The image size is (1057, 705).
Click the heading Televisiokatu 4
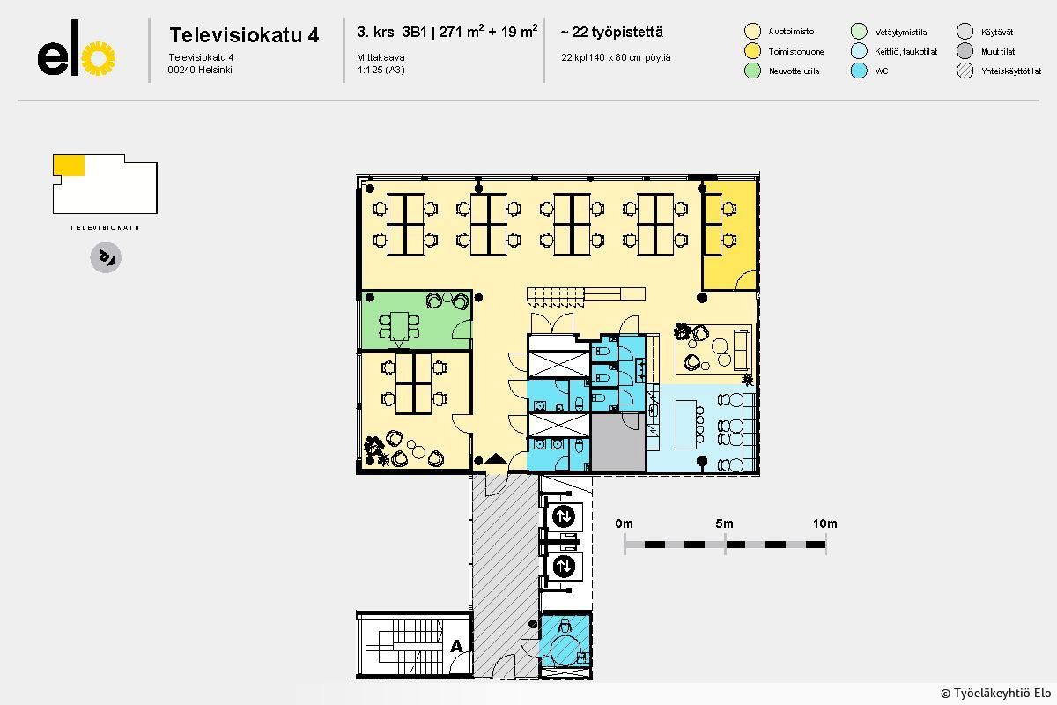click(x=244, y=35)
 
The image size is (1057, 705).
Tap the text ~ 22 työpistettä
click(x=611, y=32)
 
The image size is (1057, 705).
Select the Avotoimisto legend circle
click(x=752, y=31)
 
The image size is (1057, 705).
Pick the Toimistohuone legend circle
click(x=752, y=51)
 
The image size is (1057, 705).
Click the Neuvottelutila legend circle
click(x=752, y=70)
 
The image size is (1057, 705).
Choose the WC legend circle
click(x=859, y=70)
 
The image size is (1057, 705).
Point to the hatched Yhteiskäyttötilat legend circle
click(x=965, y=70)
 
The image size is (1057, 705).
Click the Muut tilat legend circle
click(x=965, y=51)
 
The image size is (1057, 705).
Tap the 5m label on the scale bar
click(x=724, y=523)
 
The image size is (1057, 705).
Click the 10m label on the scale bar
click(x=824, y=523)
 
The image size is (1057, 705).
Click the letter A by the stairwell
click(x=456, y=645)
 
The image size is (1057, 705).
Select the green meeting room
click(x=416, y=320)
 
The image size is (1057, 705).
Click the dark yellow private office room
click(x=729, y=234)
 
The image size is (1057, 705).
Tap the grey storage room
click(x=618, y=442)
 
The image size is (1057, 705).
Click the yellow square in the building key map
click(x=69, y=166)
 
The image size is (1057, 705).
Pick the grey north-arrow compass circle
click(x=106, y=257)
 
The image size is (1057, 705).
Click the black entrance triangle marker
click(x=495, y=458)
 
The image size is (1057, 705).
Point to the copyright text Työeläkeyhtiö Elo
click(x=995, y=694)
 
